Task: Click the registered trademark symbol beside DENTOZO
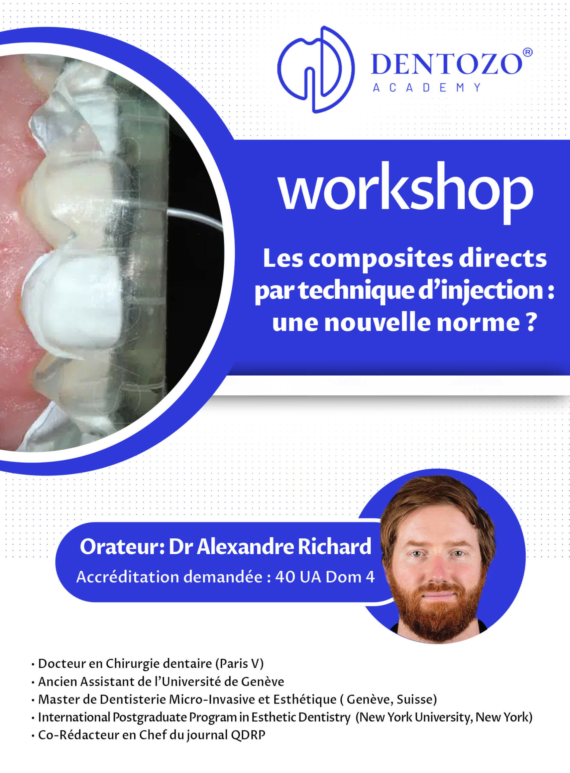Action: [527, 53]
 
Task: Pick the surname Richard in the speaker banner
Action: [334, 547]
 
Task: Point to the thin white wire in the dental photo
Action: [195, 218]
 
